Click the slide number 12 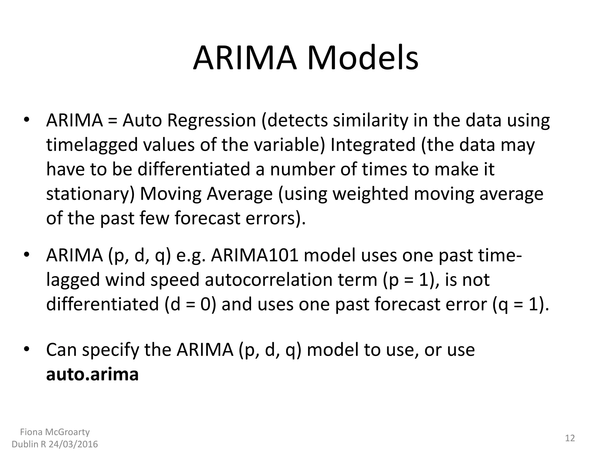point(570,438)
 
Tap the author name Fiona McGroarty point(55,432)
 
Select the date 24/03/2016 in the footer point(73,444)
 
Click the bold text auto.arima point(92,374)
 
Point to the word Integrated point(373,145)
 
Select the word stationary point(90,194)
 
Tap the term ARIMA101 point(255,255)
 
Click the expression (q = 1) point(521,305)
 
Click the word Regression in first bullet point(212,121)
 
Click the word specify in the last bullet point(110,350)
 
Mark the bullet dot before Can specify point(26,349)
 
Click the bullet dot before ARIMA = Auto point(26,120)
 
